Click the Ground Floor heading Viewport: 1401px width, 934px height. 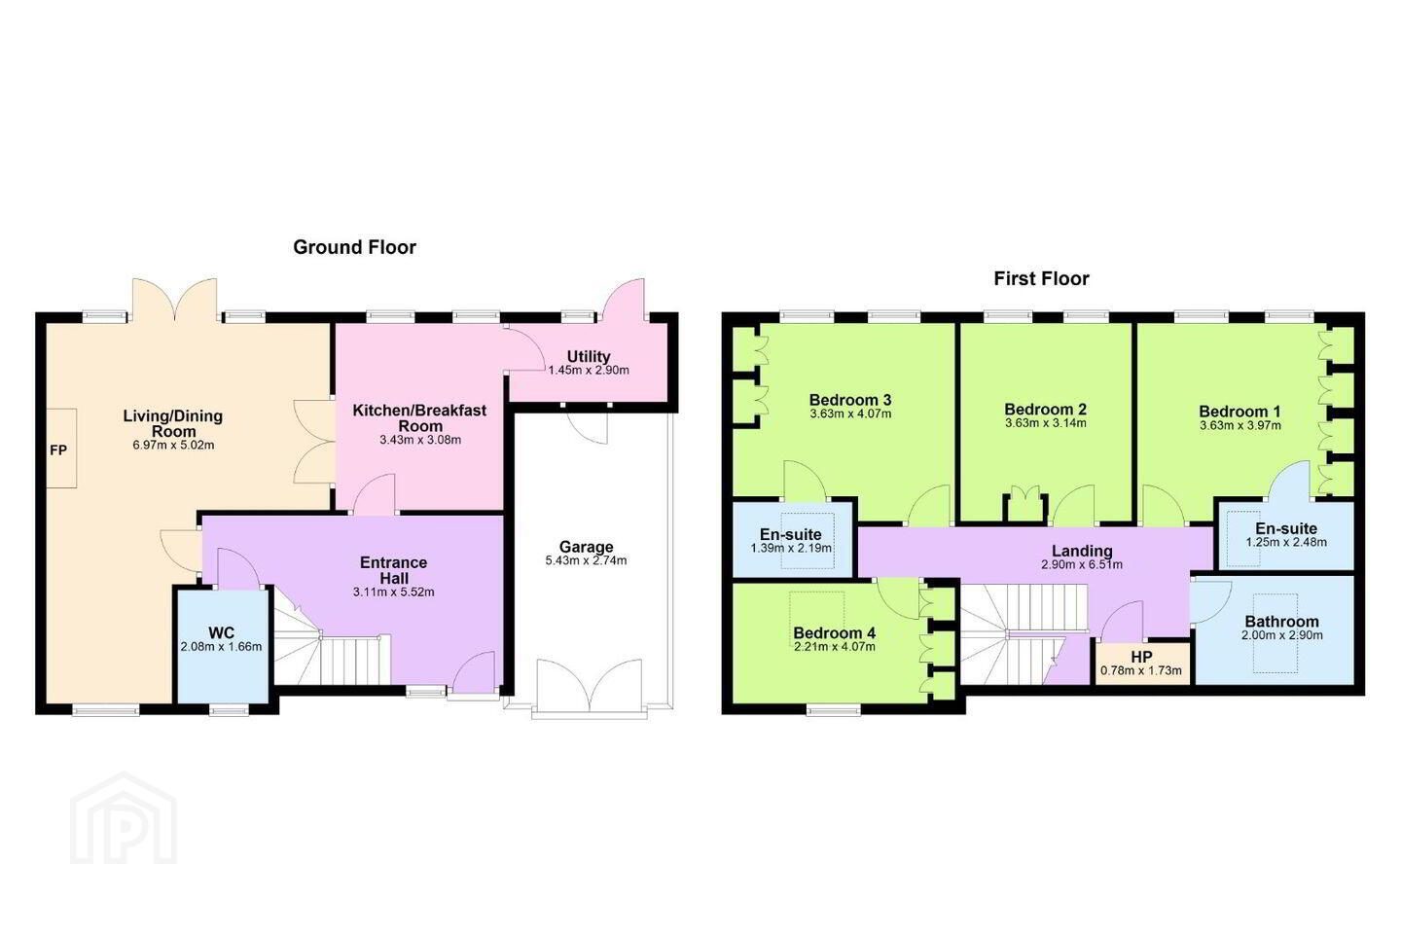tap(354, 248)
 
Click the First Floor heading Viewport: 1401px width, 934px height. tap(1041, 279)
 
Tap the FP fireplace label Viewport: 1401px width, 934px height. tap(58, 450)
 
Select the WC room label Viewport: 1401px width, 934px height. tap(222, 632)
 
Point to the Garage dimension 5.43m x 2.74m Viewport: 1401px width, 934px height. tap(586, 561)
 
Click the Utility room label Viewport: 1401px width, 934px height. tap(589, 357)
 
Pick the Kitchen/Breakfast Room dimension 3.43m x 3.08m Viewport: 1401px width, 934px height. tap(420, 440)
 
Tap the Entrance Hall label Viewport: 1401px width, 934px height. tap(393, 570)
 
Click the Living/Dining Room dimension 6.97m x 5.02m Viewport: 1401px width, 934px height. tap(173, 446)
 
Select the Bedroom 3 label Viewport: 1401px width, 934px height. tap(850, 400)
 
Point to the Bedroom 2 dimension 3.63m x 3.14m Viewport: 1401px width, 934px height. tap(1046, 423)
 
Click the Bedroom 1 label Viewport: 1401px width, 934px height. tap(1239, 412)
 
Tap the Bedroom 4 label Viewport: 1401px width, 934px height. tap(835, 632)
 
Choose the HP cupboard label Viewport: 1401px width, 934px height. tap(1141, 658)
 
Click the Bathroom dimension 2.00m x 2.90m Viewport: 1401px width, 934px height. tap(1282, 635)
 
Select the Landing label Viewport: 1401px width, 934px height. tap(1082, 551)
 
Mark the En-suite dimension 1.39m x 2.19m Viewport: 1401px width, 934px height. tap(791, 549)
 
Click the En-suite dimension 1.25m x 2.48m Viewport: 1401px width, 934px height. tap(1286, 542)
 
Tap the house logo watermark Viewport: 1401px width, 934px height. tap(124, 818)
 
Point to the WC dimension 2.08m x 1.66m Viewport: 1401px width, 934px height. tap(222, 647)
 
